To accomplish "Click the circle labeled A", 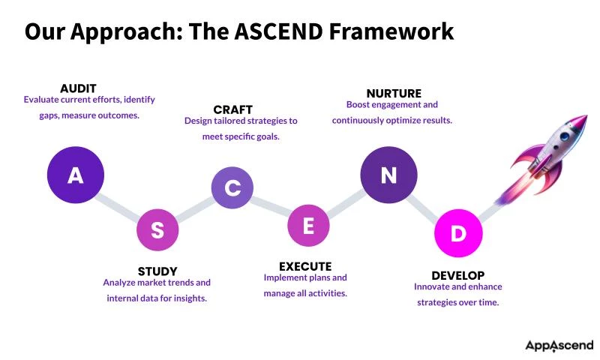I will pyautogui.click(x=75, y=175).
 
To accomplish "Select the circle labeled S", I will pyautogui.click(x=157, y=230).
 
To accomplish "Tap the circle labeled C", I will pyautogui.click(x=232, y=187).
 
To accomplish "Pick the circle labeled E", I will pyautogui.click(x=308, y=225).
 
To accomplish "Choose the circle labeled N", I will pyautogui.click(x=388, y=175).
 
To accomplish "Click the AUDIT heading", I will pyautogui.click(x=78, y=88).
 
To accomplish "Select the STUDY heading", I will pyautogui.click(x=157, y=271).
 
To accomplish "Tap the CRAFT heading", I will pyautogui.click(x=232, y=109).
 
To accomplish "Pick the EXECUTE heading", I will pyautogui.click(x=305, y=266).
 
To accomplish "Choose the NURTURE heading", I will pyautogui.click(x=394, y=94).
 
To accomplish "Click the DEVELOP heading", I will pyautogui.click(x=457, y=275).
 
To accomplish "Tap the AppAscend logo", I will pyautogui.click(x=559, y=345).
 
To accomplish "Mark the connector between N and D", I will pyautogui.click(x=423, y=205).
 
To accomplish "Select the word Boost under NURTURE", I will pyautogui.click(x=359, y=105).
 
